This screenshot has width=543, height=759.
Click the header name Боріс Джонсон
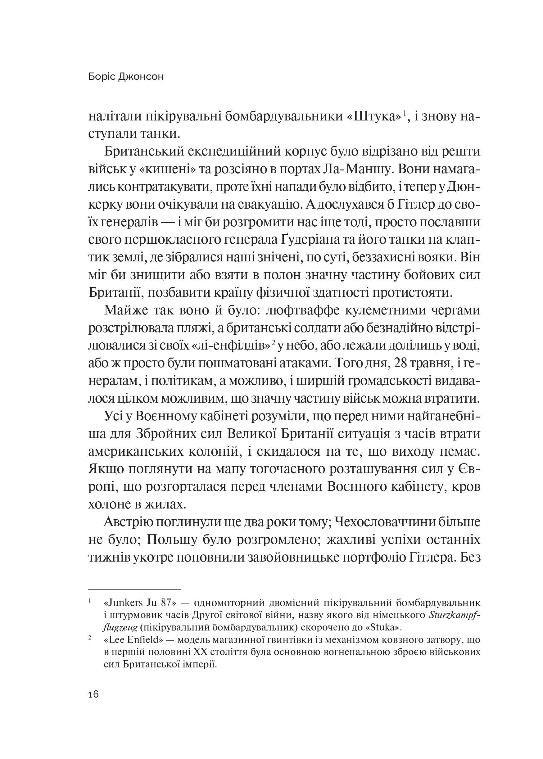(x=126, y=77)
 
